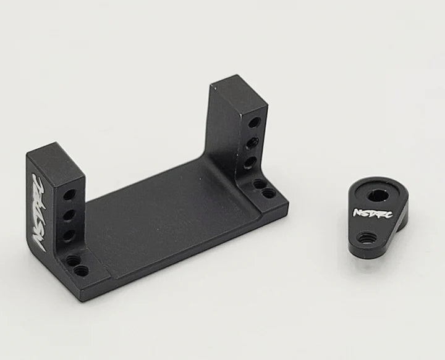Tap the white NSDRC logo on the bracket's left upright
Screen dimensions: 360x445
38,210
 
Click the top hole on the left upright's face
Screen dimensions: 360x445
70,195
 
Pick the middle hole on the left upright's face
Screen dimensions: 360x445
69,216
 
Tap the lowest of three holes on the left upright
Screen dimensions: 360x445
69,235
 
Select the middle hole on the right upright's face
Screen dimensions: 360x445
252,144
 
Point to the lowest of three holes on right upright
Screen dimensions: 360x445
250,162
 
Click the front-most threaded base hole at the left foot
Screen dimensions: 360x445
78,270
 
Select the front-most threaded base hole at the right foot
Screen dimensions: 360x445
268,193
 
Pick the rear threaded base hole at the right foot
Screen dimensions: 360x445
260,183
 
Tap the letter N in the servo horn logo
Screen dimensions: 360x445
355,212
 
